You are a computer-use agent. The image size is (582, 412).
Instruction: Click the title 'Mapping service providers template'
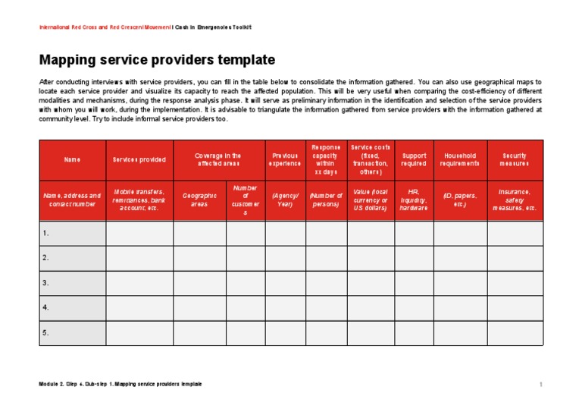coord(157,60)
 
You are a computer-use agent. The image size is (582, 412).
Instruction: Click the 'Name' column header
coord(72,159)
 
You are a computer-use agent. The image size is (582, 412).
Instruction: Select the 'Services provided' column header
coord(139,159)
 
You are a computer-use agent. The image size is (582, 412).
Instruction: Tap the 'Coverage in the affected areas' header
coord(219,159)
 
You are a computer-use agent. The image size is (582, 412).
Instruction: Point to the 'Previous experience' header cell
coord(286,159)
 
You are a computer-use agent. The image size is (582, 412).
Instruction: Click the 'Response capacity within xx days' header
coord(326,159)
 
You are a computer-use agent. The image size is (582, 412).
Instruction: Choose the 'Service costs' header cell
coord(371,159)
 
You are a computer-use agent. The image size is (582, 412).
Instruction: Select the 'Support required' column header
coord(414,159)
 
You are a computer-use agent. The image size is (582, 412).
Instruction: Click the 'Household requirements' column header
coord(460,159)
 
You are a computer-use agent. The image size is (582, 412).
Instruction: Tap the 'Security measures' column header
coord(515,159)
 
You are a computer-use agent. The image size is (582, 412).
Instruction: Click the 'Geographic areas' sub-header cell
coord(200,200)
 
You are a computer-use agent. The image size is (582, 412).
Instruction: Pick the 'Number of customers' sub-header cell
coord(246,200)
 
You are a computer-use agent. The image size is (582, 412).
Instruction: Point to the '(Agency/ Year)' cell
coord(286,200)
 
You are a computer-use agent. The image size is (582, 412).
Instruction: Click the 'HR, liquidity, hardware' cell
coord(414,200)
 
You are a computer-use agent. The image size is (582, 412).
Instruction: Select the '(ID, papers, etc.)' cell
coord(460,200)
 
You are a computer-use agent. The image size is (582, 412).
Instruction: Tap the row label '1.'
coord(46,233)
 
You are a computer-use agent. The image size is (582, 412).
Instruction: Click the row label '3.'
coord(46,283)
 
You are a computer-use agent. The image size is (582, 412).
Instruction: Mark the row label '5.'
coord(46,333)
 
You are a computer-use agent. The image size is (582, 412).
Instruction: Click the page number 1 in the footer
coord(541,385)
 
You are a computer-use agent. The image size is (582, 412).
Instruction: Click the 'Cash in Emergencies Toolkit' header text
coord(216,27)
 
